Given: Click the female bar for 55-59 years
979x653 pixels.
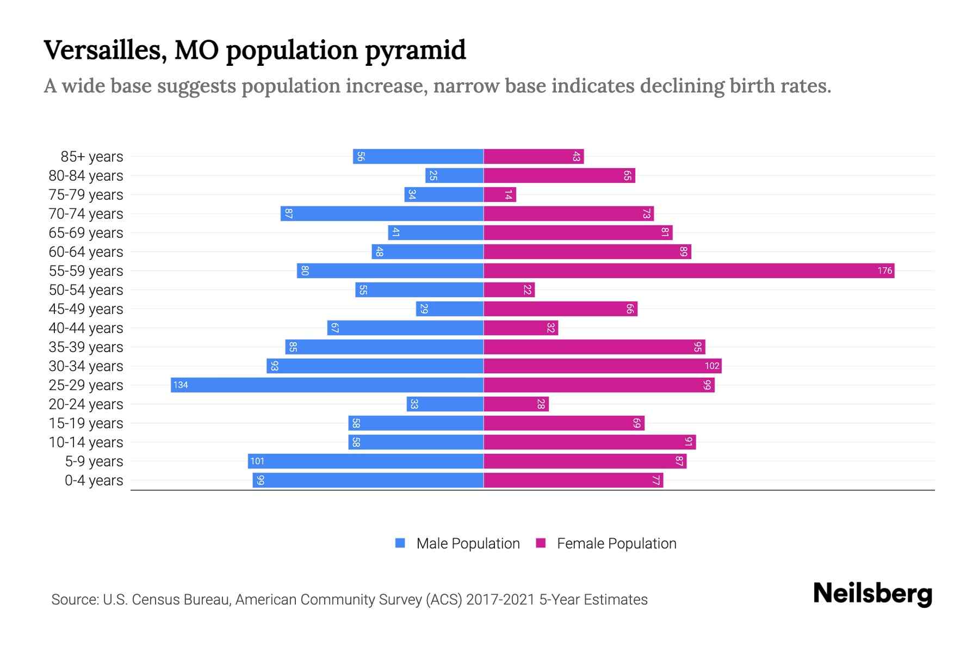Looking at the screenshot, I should pos(689,270).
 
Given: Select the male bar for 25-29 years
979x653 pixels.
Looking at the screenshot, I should pos(327,385).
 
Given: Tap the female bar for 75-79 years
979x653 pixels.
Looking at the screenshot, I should pos(499,194).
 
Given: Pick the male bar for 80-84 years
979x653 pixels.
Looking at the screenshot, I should pos(454,175).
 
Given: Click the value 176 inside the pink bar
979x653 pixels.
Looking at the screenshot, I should pos(884,270).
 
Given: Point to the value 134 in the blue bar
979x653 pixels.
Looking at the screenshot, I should pos(181,385).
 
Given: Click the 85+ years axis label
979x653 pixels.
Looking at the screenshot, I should pos(91,156).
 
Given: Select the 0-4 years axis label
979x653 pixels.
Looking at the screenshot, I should pos(94,480).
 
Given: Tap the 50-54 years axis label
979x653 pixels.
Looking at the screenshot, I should pos(86,289).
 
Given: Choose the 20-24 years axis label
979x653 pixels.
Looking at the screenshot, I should pos(86,404).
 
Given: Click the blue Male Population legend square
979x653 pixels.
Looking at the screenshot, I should pos(400,543).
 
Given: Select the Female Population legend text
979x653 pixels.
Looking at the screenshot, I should pos(616,543).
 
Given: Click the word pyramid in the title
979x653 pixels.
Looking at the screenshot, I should pos(415,50).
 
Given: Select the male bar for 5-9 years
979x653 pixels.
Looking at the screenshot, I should pos(365,461).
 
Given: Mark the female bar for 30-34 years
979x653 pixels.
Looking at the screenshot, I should pos(602,366).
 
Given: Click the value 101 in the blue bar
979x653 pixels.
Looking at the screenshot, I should pos(257,461).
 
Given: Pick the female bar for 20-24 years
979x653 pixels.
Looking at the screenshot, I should pos(516,404).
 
